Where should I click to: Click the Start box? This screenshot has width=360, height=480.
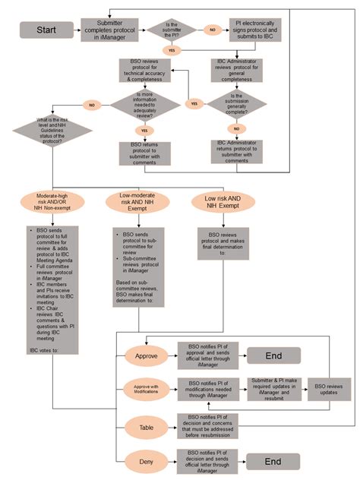point(46,30)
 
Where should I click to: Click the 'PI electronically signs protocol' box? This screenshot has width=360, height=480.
point(248,30)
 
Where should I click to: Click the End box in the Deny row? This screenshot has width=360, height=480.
point(273,460)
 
